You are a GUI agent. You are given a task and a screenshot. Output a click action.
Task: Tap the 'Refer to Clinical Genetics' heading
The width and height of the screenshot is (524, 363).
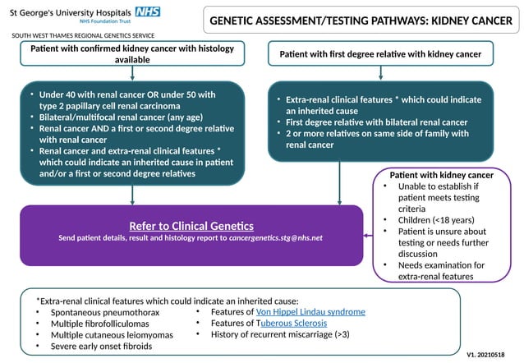tap(191, 226)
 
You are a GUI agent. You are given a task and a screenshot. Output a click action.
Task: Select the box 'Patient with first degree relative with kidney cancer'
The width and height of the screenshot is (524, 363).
tap(379, 54)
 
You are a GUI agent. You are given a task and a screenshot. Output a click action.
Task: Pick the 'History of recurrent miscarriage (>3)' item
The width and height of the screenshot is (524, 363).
tap(279, 335)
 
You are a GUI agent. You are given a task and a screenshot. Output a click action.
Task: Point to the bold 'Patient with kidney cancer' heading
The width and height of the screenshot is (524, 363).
tap(441, 175)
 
